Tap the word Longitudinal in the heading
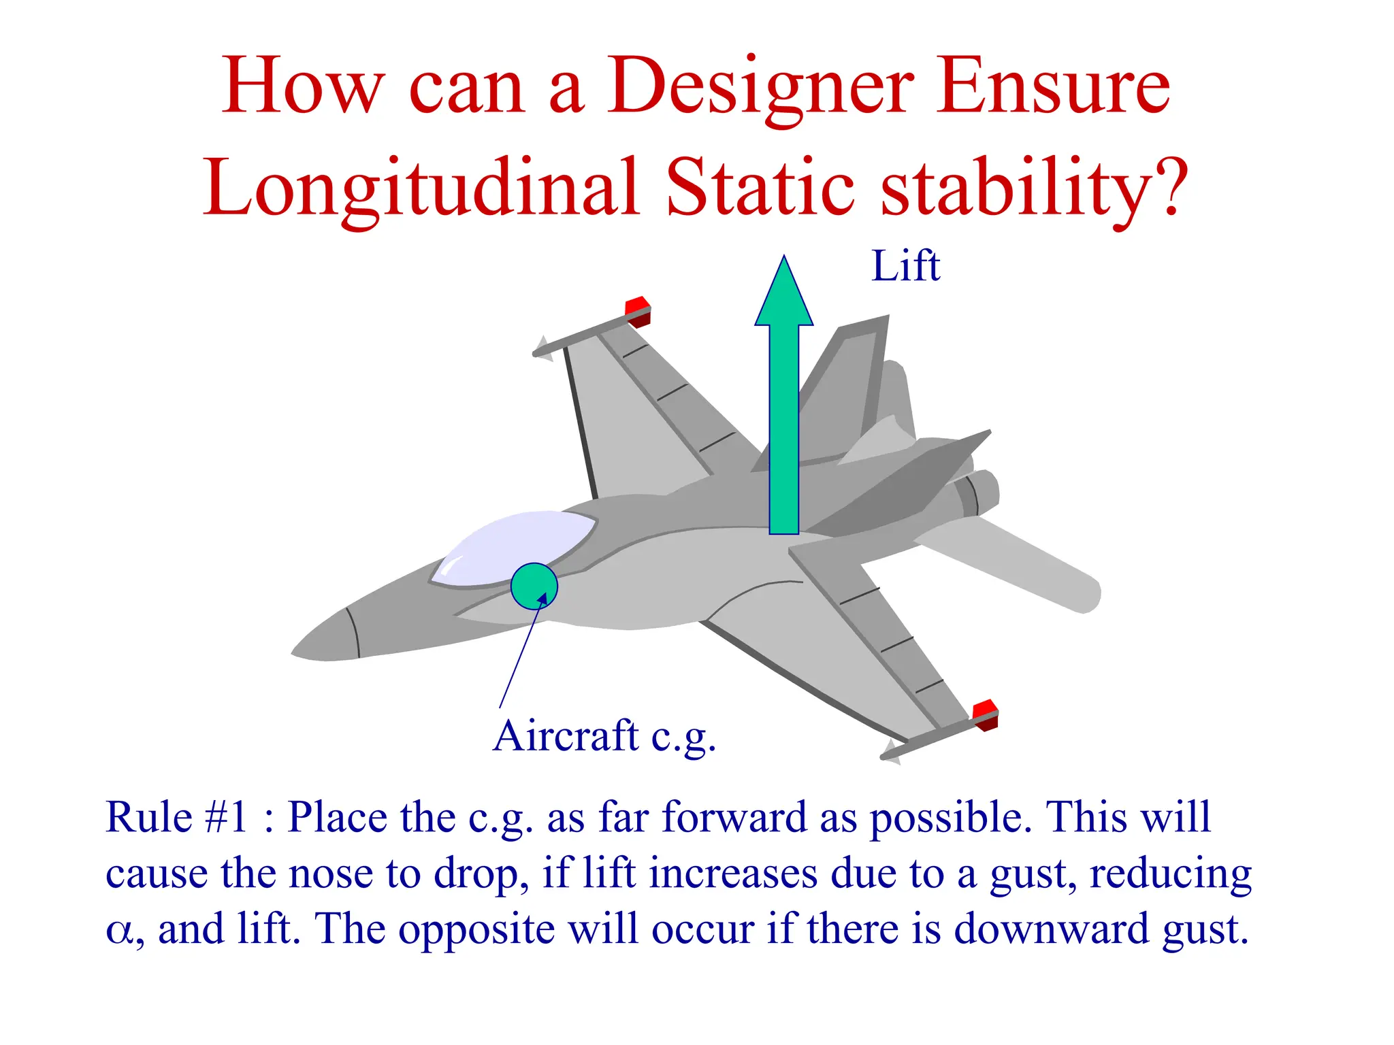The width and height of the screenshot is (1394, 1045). point(421,188)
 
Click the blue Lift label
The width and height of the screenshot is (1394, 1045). point(905,266)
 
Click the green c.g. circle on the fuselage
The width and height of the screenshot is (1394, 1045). point(534,586)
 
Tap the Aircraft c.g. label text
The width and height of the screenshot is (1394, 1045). point(604,736)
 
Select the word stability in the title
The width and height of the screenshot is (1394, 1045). point(1014,188)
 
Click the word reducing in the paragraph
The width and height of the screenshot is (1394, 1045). point(1170,874)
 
